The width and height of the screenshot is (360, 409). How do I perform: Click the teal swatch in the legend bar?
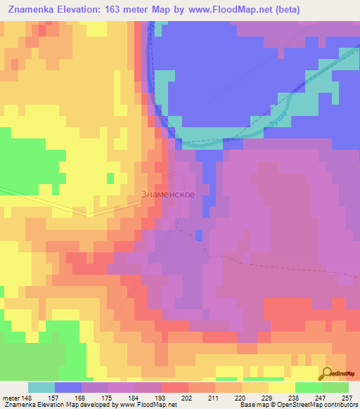click(x=41, y=387)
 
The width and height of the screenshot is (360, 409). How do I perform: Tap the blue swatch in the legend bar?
click(x=68, y=387)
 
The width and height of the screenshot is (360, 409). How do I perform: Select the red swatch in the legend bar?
click(x=174, y=387)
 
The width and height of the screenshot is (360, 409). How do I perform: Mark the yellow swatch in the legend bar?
click(x=281, y=387)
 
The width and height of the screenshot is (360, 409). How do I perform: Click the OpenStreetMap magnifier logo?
click(x=328, y=374)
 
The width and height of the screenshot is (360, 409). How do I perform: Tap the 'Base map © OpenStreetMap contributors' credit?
click(x=297, y=405)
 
